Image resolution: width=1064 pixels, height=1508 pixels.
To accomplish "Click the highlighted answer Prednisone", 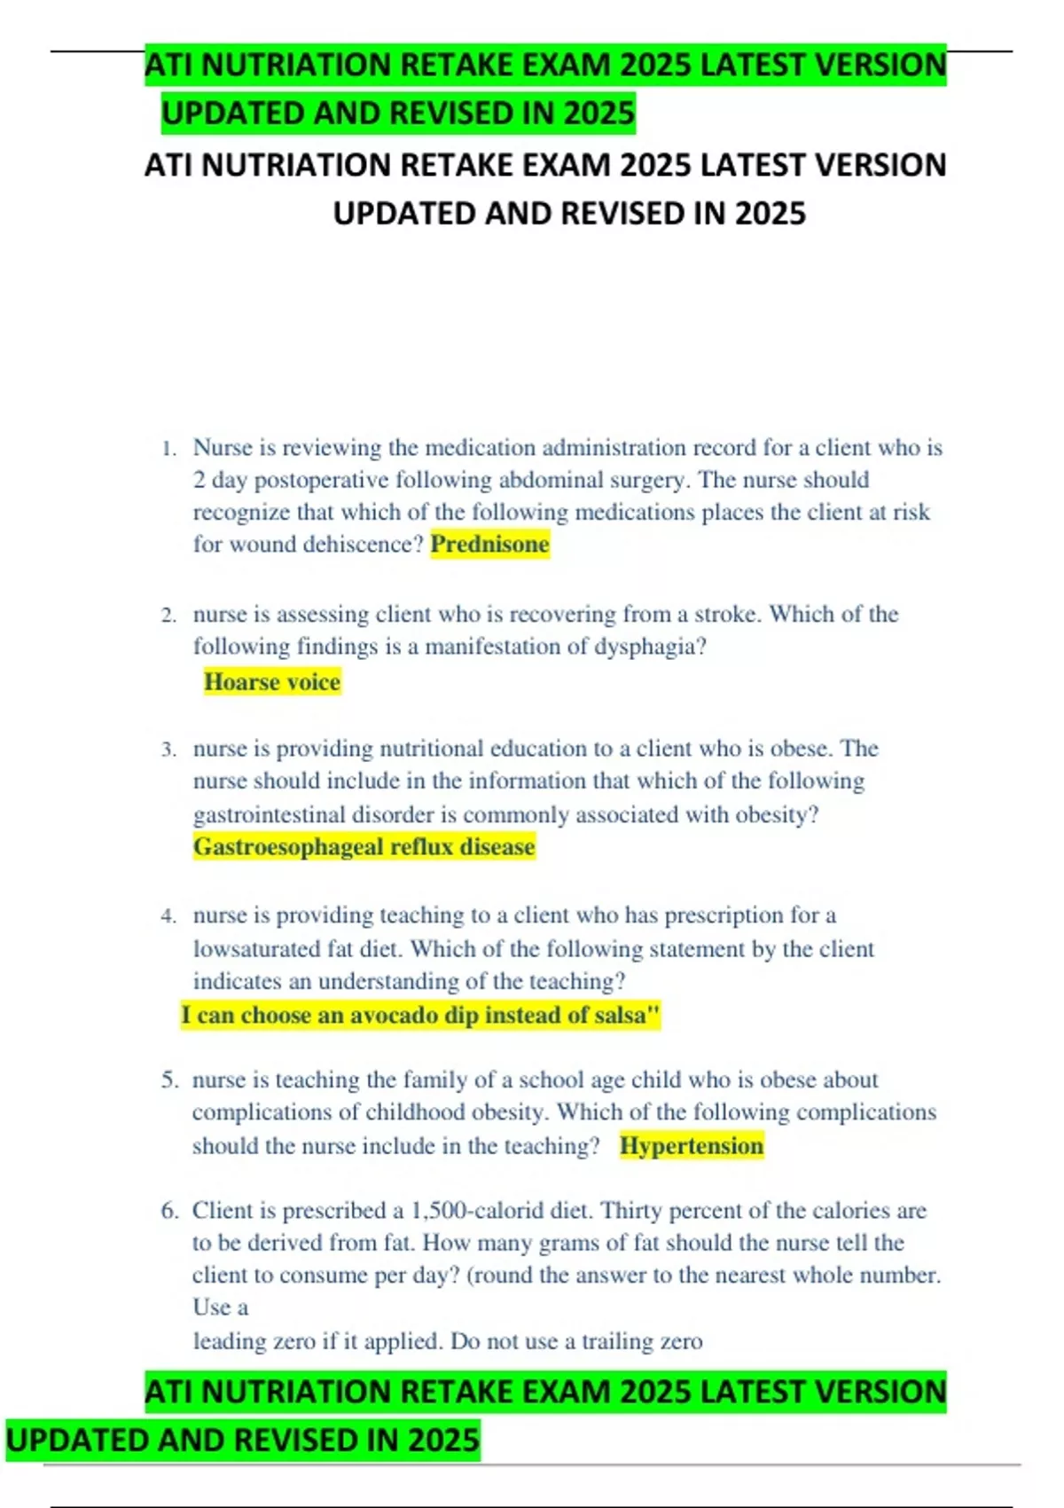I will tap(489, 544).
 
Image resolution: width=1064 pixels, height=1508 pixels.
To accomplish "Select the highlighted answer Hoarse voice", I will tap(271, 681).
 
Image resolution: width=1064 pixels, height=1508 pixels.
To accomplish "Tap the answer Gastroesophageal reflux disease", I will tap(364, 846).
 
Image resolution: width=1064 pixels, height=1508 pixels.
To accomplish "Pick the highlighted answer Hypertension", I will tap(691, 1145).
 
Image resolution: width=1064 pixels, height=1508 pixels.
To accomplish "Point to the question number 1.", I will tap(168, 449).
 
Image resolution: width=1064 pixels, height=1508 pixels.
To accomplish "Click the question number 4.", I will tap(168, 916).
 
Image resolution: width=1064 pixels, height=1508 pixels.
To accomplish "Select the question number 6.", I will tap(169, 1211).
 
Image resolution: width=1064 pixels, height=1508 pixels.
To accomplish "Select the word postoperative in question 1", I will tap(321, 480).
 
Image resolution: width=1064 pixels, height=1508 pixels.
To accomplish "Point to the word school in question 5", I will tap(551, 1080).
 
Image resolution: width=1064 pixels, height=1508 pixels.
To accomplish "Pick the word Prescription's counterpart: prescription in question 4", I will tap(724, 915).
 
